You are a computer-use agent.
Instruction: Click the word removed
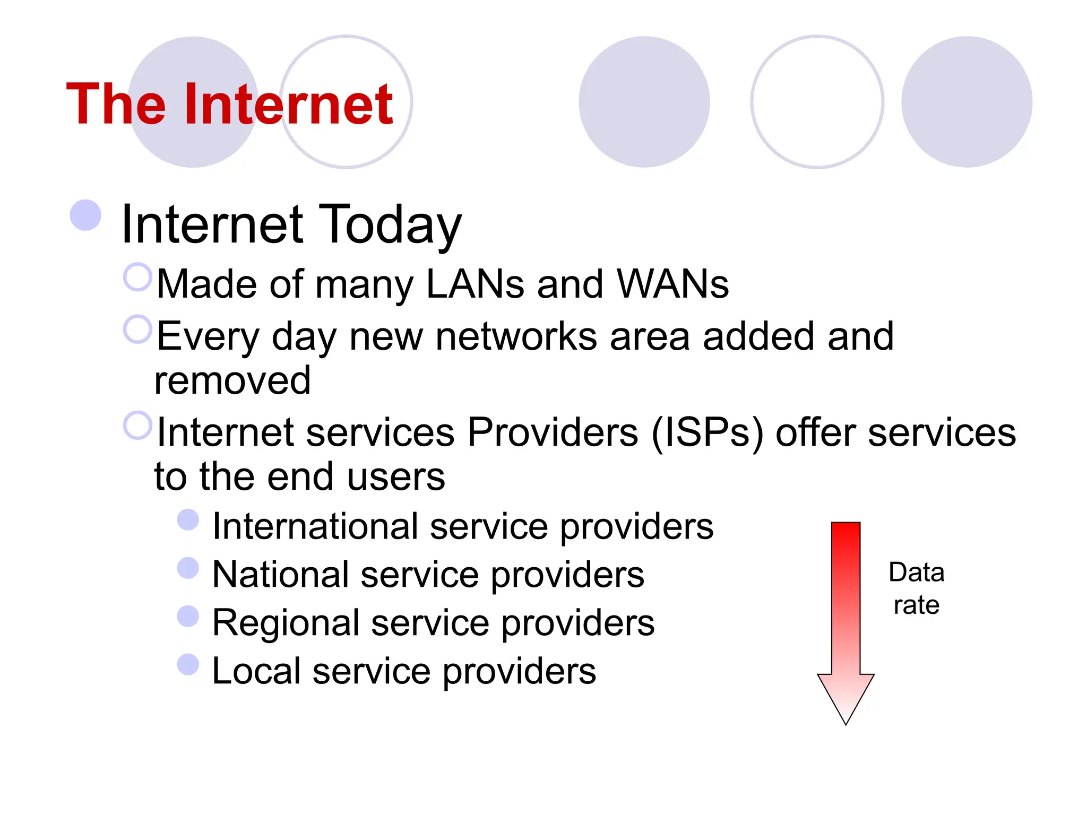click(x=232, y=380)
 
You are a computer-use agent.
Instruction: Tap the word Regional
click(x=285, y=623)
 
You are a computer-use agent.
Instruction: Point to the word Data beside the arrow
click(x=916, y=573)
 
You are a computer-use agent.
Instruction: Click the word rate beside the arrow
click(x=916, y=605)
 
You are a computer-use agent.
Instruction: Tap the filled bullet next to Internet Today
click(x=85, y=215)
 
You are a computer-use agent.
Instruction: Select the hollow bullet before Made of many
click(x=137, y=277)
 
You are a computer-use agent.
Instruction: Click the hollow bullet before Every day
click(x=137, y=329)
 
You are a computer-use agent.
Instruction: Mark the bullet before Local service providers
click(x=188, y=664)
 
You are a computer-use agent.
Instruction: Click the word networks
click(x=516, y=337)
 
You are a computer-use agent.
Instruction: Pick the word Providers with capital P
click(x=553, y=433)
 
